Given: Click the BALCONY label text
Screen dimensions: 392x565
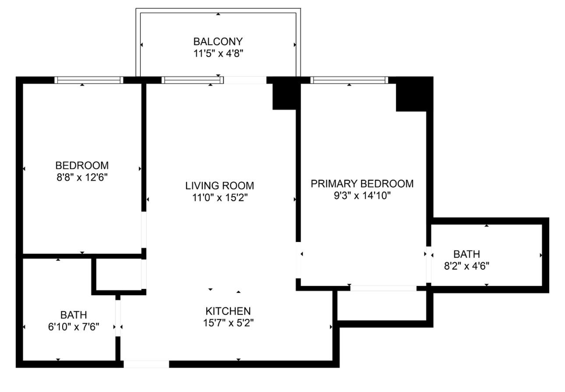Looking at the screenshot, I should click(218, 42).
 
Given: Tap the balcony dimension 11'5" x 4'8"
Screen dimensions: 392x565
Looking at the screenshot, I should click(218, 53).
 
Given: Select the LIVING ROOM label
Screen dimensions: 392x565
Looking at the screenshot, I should click(219, 185).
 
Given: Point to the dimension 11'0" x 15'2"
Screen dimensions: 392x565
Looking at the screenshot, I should click(219, 197).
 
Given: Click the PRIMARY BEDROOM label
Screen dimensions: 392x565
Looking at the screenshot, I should click(362, 183).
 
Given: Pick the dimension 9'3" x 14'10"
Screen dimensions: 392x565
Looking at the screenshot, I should click(362, 195).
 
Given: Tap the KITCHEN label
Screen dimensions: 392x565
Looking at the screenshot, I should click(228, 311).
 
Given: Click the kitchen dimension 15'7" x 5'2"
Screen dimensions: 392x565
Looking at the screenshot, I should click(228, 323).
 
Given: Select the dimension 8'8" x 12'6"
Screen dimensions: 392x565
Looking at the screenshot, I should click(82, 178).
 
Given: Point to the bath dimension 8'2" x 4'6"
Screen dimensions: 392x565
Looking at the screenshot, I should click(466, 266).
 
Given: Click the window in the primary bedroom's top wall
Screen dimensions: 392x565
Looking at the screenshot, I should click(349, 80).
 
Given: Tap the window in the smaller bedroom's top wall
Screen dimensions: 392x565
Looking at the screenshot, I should click(88, 80).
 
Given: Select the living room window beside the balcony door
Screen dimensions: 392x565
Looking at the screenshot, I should click(191, 80).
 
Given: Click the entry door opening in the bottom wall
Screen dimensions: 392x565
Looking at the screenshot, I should click(146, 364).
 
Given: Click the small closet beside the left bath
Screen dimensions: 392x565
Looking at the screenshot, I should click(118, 274).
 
